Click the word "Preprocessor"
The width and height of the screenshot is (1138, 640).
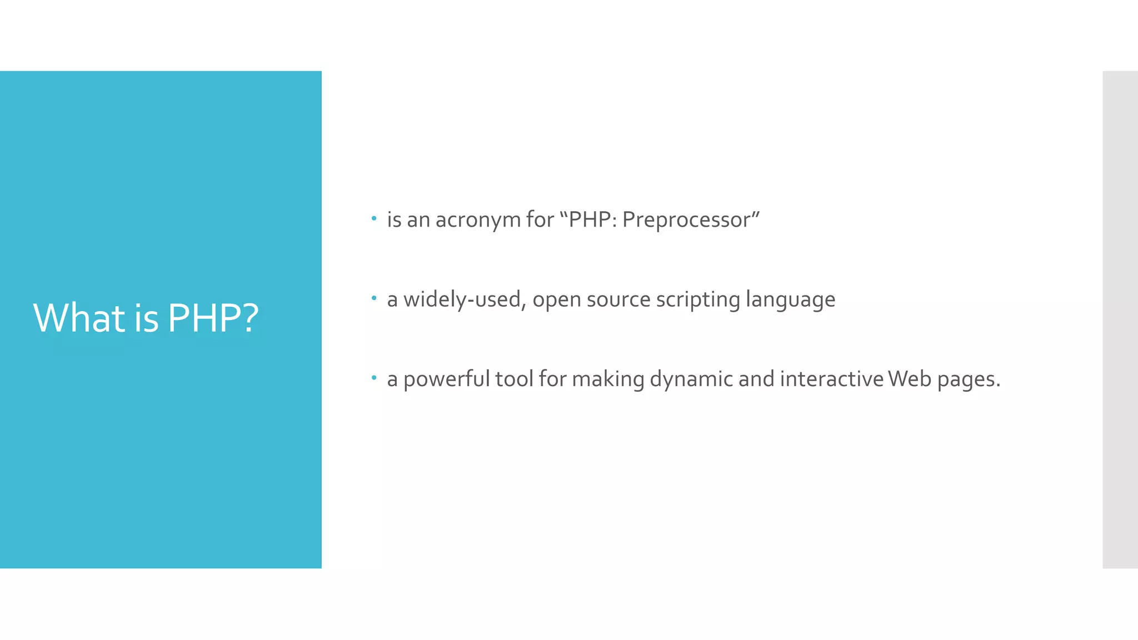686,221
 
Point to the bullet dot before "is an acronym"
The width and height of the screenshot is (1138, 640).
374,218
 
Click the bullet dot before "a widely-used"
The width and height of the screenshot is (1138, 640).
374,298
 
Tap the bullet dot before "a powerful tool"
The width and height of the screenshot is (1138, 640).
374,378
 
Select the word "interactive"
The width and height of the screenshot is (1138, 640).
832,379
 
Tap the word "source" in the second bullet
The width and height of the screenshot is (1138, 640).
618,300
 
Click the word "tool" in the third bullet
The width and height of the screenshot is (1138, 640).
514,379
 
